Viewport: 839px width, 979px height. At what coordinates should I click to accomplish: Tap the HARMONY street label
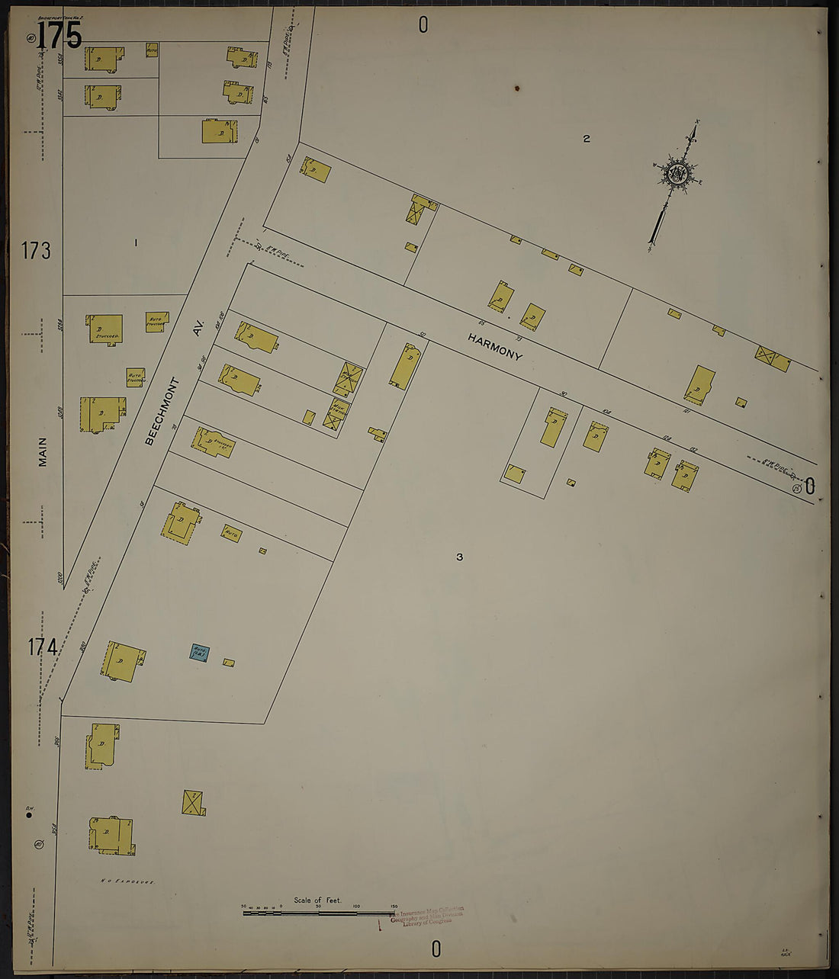click(x=495, y=346)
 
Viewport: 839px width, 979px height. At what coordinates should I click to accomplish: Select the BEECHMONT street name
click(x=162, y=411)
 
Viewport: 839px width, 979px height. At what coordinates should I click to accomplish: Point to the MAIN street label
click(x=43, y=451)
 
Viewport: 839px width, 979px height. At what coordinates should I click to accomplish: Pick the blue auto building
click(x=199, y=652)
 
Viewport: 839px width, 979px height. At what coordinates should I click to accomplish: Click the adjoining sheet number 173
click(x=36, y=250)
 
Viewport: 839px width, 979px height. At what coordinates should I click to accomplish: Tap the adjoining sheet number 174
click(x=43, y=647)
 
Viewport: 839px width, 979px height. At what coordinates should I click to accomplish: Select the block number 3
click(x=459, y=557)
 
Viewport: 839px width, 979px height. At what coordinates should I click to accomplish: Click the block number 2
click(x=586, y=139)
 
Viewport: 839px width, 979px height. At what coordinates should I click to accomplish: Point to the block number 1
click(x=136, y=243)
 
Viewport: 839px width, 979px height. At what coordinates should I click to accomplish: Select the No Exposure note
click(x=127, y=881)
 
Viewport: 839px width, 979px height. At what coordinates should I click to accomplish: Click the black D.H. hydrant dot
click(x=29, y=815)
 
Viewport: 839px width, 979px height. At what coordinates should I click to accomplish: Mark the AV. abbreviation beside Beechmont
click(x=198, y=328)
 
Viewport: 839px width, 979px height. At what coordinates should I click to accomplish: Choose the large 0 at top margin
click(x=423, y=25)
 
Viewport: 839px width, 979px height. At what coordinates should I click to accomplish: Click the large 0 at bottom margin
click(x=436, y=949)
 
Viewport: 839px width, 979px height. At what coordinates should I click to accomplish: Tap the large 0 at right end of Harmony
click(x=810, y=485)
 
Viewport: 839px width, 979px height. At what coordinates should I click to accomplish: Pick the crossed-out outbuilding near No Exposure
click(x=192, y=802)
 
